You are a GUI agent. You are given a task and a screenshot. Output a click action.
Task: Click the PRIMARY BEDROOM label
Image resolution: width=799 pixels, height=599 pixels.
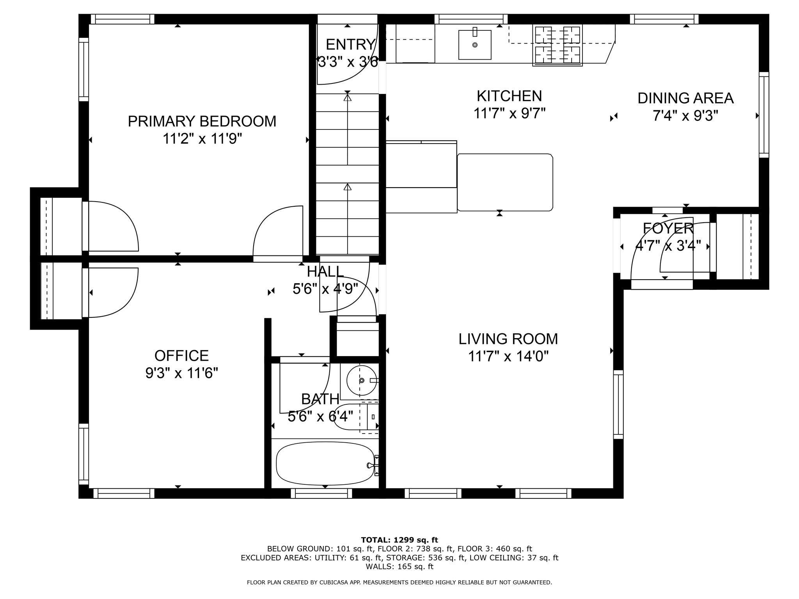(x=202, y=121)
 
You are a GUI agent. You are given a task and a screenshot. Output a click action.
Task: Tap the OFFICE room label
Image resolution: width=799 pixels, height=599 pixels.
(x=181, y=356)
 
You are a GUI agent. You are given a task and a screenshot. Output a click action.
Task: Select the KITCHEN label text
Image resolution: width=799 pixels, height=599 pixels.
(x=509, y=96)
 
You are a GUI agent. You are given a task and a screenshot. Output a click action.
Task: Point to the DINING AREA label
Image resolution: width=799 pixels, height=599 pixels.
(x=685, y=98)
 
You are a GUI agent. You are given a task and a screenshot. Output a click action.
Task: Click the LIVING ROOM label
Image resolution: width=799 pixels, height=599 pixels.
(x=508, y=339)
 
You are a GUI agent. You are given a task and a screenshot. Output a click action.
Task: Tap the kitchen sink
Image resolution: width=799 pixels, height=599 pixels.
(x=475, y=44)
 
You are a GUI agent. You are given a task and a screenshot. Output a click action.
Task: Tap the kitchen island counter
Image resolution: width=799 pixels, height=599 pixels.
(x=505, y=183)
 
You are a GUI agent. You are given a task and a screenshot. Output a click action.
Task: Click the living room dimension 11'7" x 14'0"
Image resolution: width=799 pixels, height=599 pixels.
(x=508, y=356)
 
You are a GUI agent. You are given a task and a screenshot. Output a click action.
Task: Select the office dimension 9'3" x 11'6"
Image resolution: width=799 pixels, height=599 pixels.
(x=181, y=373)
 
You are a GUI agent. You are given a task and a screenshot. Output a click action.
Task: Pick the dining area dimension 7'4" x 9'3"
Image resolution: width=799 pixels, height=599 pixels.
(x=685, y=116)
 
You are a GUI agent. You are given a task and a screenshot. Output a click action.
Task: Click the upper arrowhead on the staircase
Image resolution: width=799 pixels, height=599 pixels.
(x=347, y=97)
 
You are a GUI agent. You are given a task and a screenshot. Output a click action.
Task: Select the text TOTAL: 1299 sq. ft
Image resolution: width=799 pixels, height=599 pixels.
(x=399, y=540)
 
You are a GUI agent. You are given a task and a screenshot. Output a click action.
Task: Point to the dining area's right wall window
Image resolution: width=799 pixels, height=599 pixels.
(x=764, y=115)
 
